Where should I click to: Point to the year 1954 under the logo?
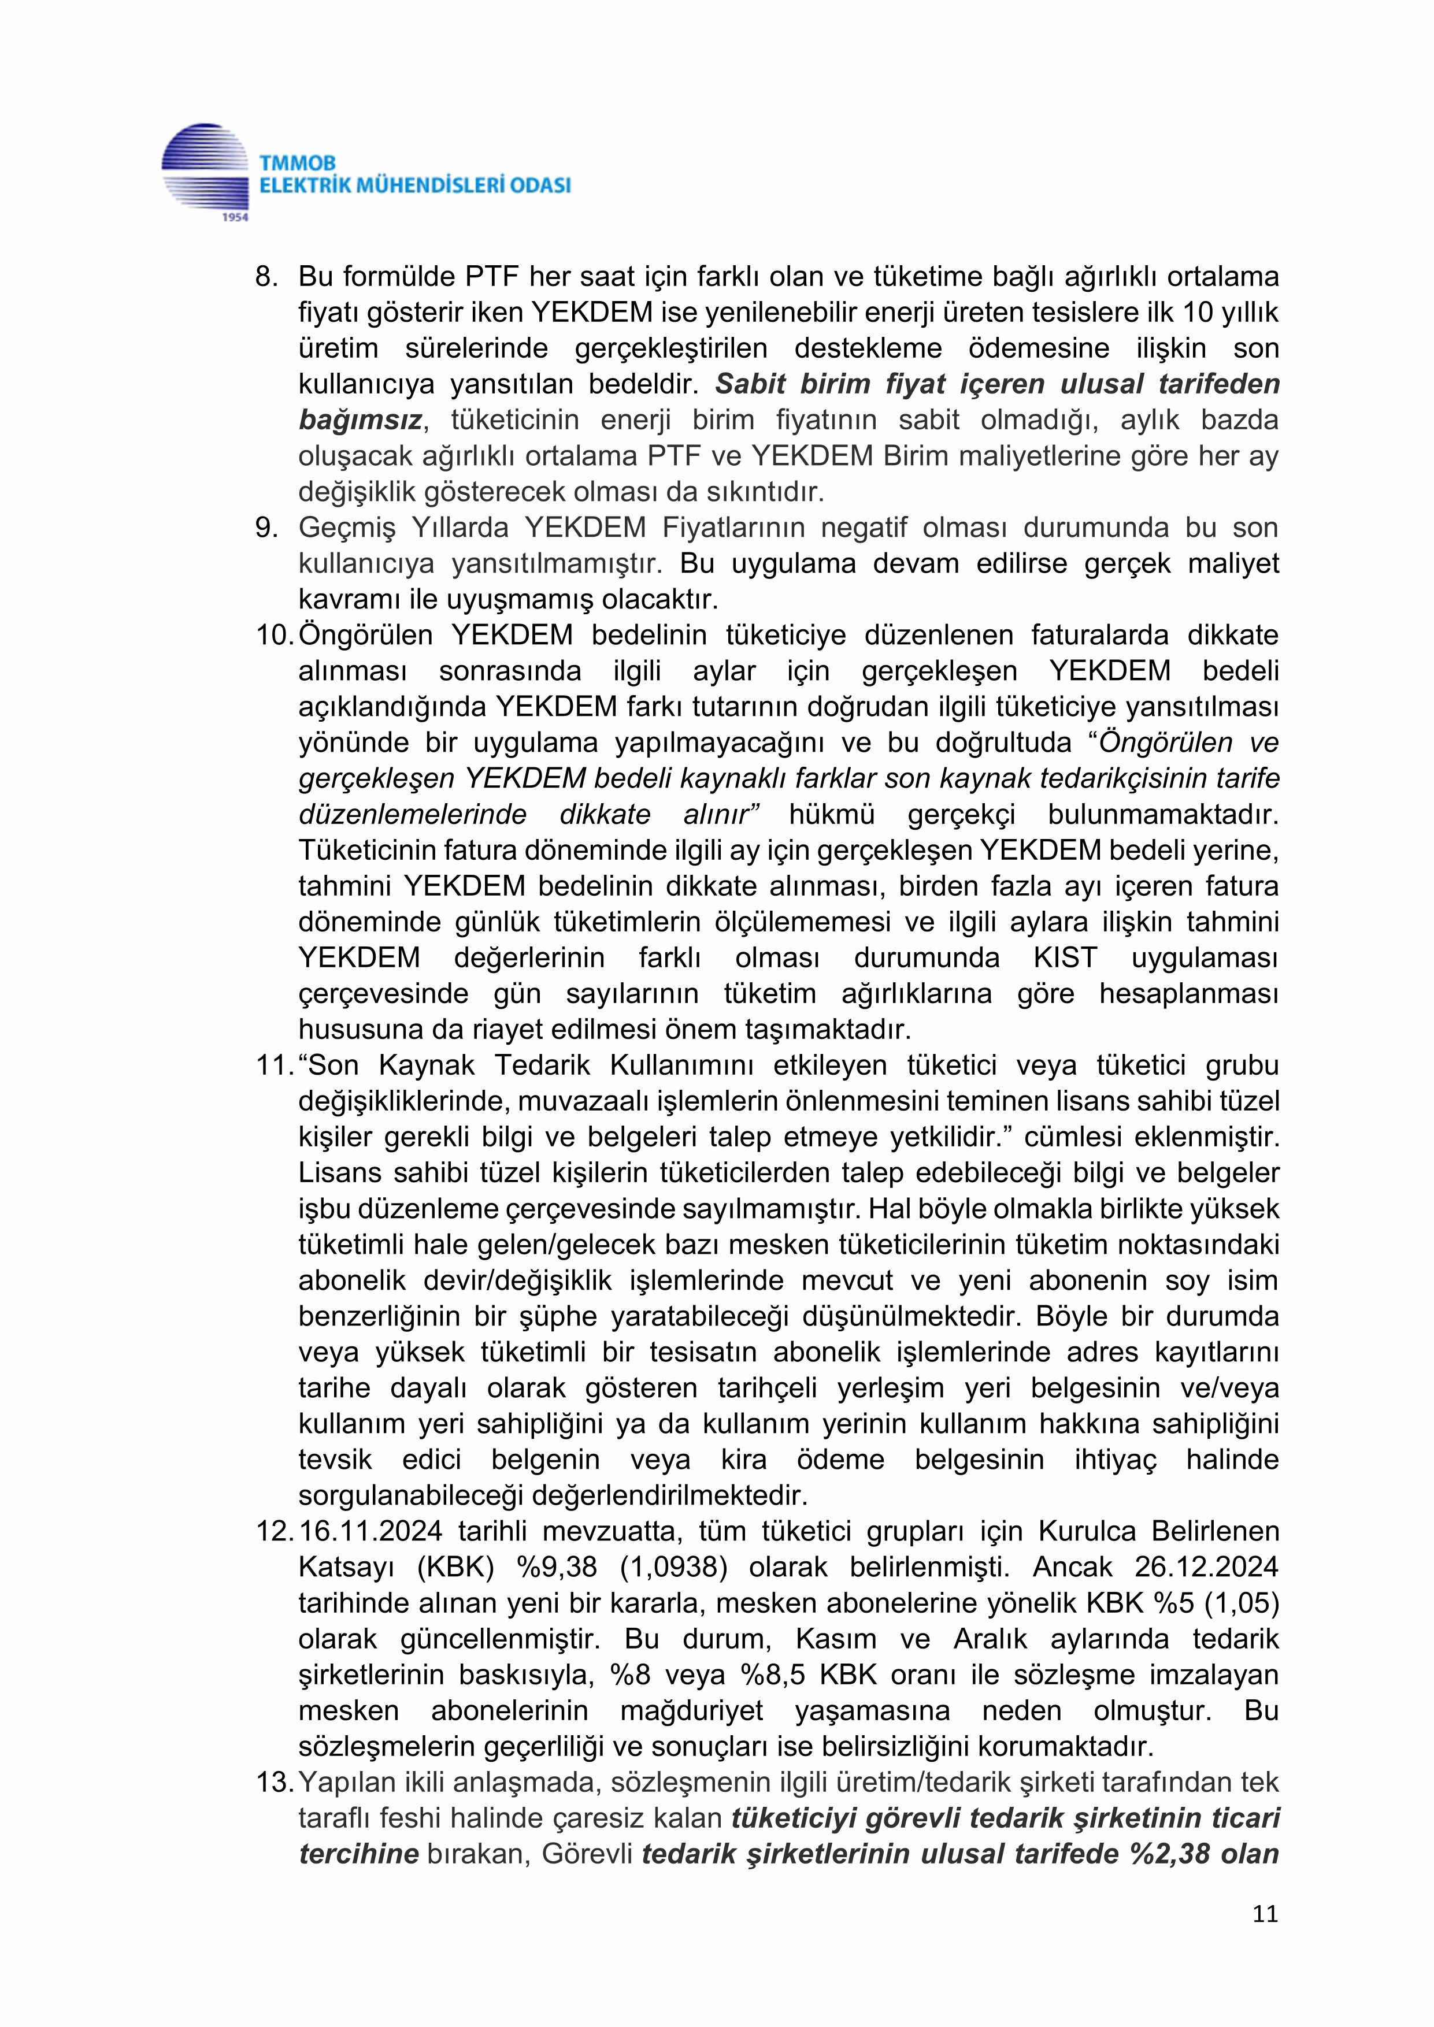pos(234,216)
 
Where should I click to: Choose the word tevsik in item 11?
pos(336,1460)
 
